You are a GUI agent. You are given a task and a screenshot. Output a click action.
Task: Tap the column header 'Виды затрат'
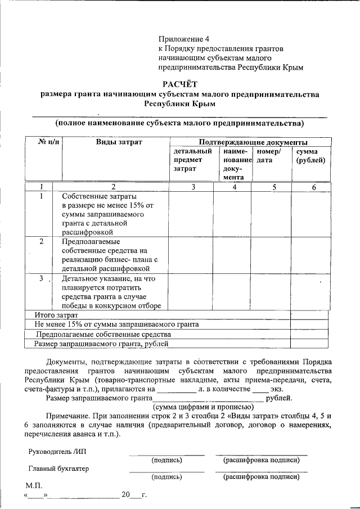(x=114, y=142)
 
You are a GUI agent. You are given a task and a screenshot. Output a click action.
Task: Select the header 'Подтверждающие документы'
(x=253, y=142)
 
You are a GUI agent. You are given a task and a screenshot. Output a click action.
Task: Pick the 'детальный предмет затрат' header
(x=192, y=160)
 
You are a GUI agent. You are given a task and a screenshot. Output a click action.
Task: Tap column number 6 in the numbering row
(x=314, y=187)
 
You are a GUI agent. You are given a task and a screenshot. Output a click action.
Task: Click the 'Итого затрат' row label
(x=55, y=315)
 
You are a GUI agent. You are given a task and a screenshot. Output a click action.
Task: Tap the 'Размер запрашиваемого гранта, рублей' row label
(x=101, y=343)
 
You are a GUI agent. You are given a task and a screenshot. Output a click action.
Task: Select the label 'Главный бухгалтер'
(x=58, y=468)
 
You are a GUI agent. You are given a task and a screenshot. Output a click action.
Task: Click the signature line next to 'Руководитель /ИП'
(x=166, y=453)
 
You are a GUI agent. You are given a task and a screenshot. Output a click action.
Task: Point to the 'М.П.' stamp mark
(x=34, y=485)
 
